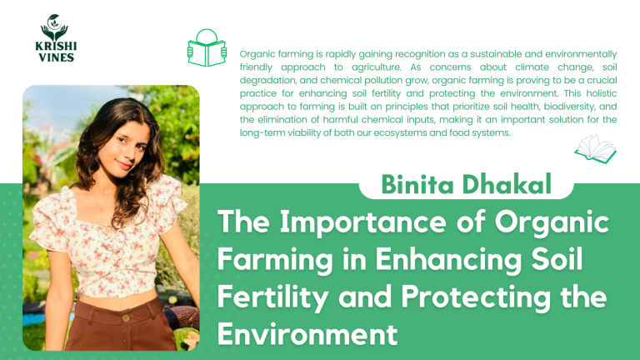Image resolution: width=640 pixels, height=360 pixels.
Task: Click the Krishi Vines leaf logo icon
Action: (54, 27)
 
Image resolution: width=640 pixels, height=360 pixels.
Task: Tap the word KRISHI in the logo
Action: (54, 47)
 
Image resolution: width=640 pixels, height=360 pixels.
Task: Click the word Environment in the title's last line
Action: (306, 333)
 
